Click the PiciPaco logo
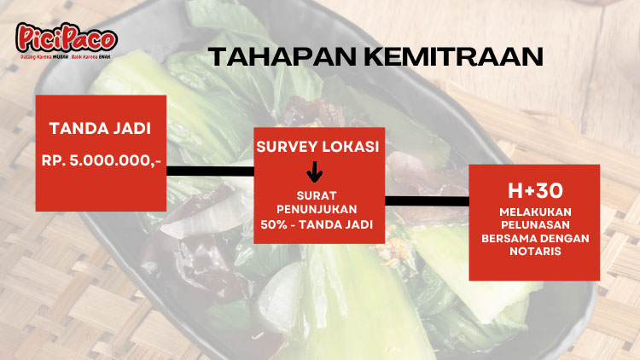pyautogui.click(x=66, y=37)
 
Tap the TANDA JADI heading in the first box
pyautogui.click(x=101, y=130)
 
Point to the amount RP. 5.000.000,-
pyautogui.click(x=101, y=160)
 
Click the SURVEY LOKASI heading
pyautogui.click(x=317, y=147)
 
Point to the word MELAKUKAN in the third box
pyautogui.click(x=534, y=211)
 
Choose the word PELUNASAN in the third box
pyautogui.click(x=534, y=224)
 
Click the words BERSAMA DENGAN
pyautogui.click(x=534, y=237)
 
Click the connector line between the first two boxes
pyautogui.click(x=209, y=171)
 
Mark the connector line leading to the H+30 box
pyautogui.click(x=426, y=201)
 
